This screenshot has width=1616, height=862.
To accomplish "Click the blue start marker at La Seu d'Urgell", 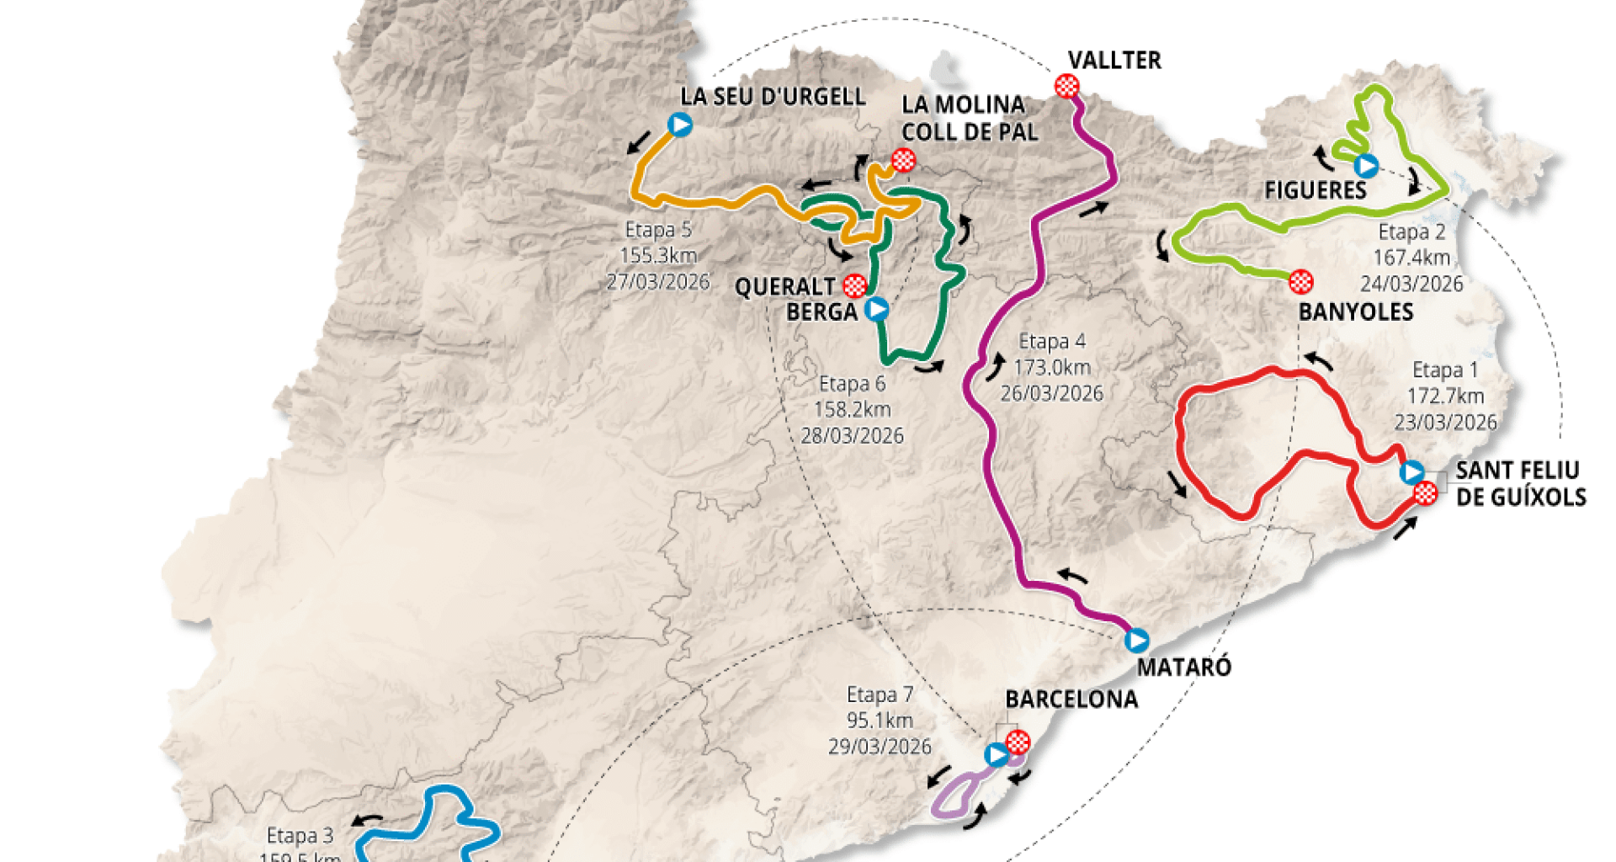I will click(x=680, y=125).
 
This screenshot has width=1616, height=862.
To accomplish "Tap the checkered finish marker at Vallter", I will click(x=1066, y=86).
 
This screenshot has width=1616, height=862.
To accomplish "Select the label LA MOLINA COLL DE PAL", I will click(x=969, y=118).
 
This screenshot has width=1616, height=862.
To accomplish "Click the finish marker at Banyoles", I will click(x=1301, y=281).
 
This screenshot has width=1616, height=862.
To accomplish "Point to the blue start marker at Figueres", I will click(x=1366, y=166).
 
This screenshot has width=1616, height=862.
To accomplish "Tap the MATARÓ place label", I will click(x=1183, y=668).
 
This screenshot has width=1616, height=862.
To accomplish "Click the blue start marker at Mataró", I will click(x=1136, y=641).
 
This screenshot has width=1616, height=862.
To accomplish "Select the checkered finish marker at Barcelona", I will click(x=1018, y=742).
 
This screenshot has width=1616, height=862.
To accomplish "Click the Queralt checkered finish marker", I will click(x=855, y=285).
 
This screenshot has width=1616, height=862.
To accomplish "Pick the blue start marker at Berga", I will click(x=877, y=309).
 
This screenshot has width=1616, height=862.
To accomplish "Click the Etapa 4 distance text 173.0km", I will click(x=1051, y=367).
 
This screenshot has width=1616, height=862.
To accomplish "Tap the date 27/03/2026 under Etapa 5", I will click(x=657, y=282).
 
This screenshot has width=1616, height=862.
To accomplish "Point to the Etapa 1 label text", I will click(x=1444, y=370).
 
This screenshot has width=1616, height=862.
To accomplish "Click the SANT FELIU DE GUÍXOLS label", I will click(x=1520, y=483).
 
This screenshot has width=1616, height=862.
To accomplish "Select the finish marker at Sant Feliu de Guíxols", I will click(x=1426, y=493).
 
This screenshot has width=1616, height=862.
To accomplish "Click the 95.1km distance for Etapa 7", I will click(x=880, y=721).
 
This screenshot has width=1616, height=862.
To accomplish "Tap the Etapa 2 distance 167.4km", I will click(x=1411, y=258).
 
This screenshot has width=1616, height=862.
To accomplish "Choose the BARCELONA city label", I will click(x=1071, y=700).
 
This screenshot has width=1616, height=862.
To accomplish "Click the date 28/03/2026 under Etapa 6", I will click(x=852, y=436).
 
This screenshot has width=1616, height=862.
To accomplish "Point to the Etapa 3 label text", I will click(x=300, y=835).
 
